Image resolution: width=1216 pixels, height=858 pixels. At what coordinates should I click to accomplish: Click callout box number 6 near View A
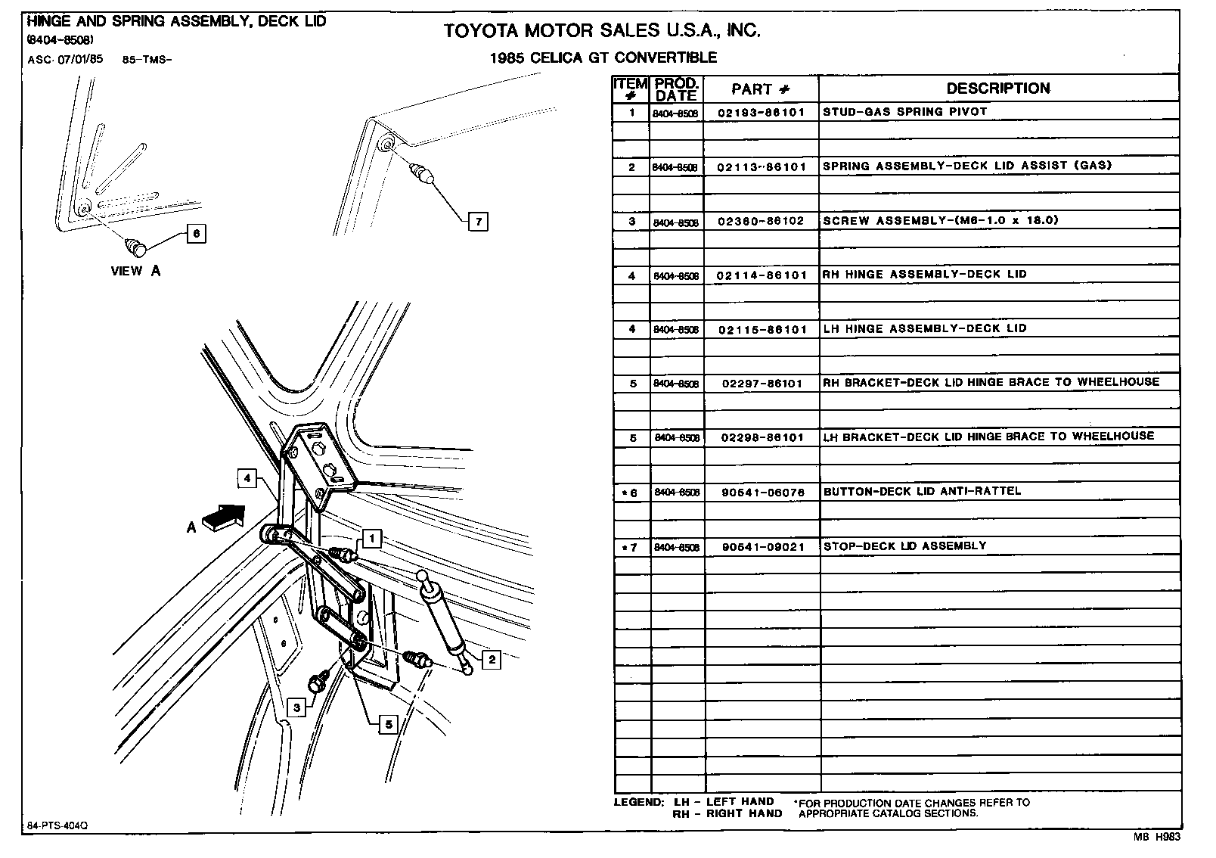[x=196, y=234]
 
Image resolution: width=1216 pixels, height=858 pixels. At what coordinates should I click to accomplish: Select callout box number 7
[x=477, y=222]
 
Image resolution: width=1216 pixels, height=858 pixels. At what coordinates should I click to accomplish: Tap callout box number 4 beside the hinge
[x=247, y=478]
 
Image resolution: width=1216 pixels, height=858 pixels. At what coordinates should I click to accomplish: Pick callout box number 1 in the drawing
[x=371, y=538]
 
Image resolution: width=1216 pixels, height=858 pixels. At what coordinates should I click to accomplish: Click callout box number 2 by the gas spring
[x=492, y=660]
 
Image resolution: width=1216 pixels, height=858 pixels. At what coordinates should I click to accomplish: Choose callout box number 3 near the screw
[x=297, y=707]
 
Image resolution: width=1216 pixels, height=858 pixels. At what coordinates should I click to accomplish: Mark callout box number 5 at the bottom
[x=387, y=724]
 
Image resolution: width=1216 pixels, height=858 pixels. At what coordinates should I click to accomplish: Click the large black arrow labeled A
[x=226, y=520]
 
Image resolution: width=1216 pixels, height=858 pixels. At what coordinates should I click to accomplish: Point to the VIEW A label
[x=135, y=271]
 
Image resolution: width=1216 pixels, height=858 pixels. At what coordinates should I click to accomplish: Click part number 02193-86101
[x=761, y=112]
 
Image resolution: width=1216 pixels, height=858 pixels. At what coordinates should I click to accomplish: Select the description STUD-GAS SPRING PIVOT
[x=904, y=111]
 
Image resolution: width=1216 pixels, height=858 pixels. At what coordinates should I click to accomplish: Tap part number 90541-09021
[x=761, y=546]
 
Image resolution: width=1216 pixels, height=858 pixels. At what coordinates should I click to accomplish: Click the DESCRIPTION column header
[x=997, y=89]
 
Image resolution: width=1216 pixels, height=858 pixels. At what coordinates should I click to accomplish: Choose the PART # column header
[x=761, y=89]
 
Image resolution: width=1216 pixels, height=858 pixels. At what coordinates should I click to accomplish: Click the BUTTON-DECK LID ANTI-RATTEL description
[x=922, y=491]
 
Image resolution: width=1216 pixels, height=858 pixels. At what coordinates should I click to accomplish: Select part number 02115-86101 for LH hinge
[x=761, y=330]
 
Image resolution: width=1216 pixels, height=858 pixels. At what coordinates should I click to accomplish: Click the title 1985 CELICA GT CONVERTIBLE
[x=603, y=58]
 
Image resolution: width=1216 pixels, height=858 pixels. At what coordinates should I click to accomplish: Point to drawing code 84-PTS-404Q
[x=57, y=825]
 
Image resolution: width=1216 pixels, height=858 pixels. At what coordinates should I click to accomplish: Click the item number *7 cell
[x=631, y=547]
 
